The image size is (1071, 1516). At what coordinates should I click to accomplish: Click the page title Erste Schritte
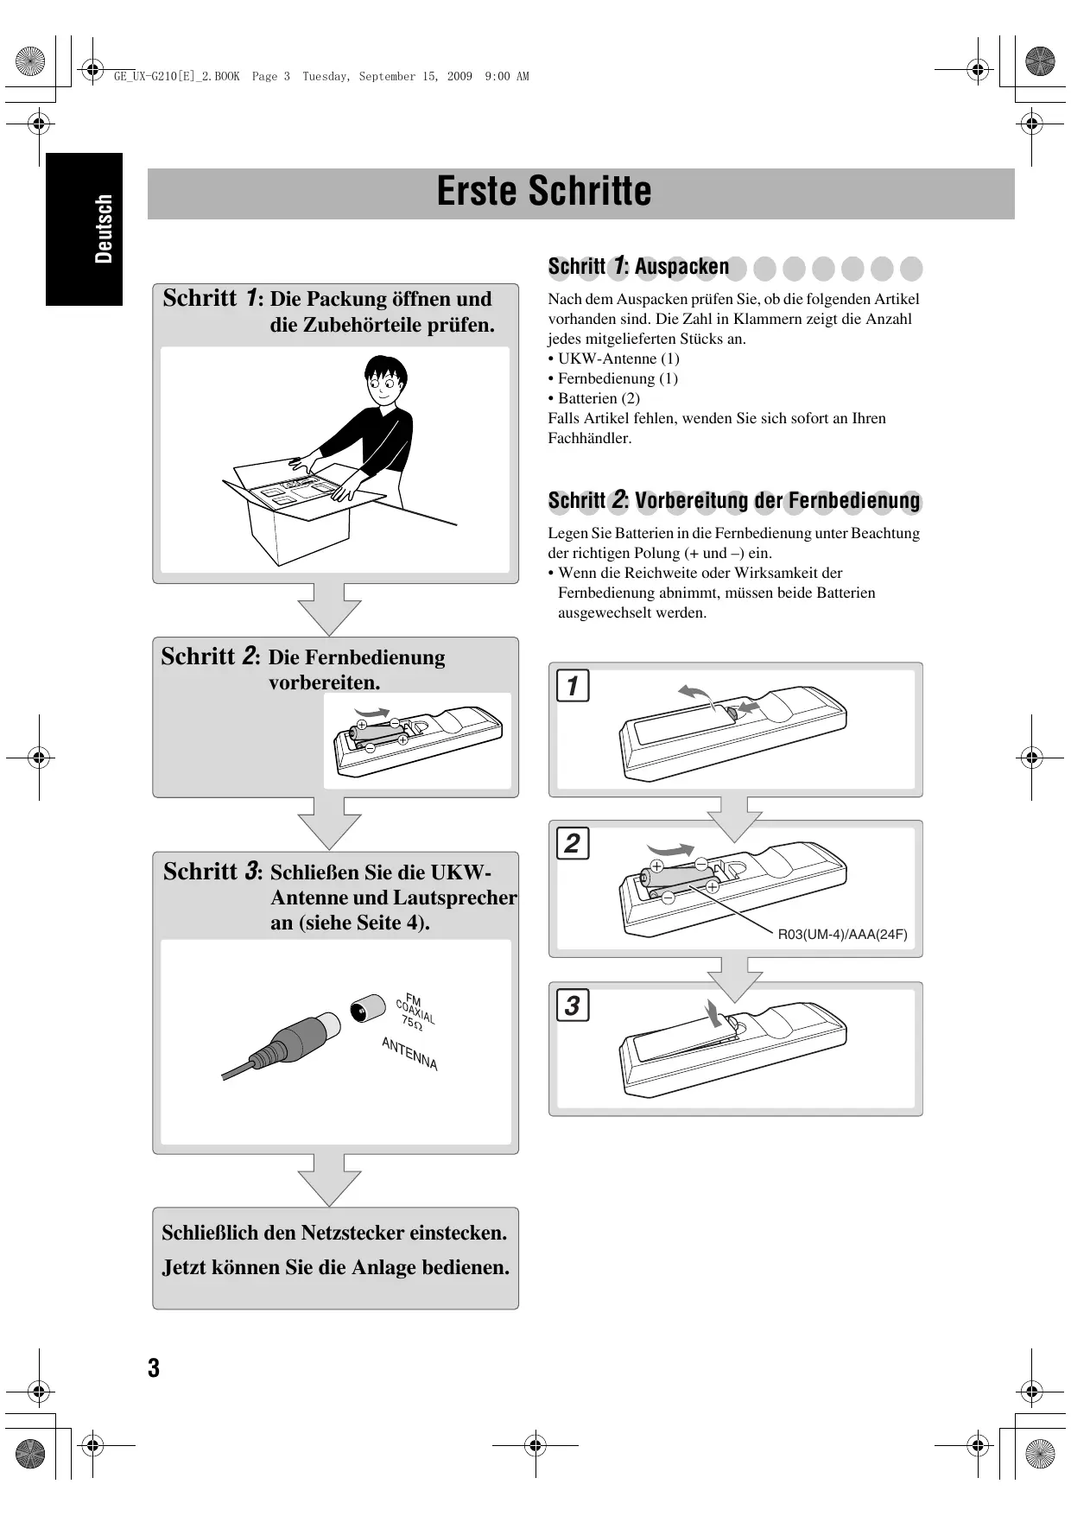[x=544, y=191]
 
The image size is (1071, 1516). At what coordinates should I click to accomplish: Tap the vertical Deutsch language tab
[x=104, y=229]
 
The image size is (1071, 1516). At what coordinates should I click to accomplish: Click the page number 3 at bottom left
[x=154, y=1368]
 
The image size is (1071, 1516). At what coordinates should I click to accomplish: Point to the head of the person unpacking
[x=385, y=380]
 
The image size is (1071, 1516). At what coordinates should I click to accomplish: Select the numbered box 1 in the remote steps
[x=573, y=686]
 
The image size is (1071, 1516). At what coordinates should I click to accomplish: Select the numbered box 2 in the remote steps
[x=573, y=843]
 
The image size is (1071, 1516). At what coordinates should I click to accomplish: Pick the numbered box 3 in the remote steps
[x=573, y=1005]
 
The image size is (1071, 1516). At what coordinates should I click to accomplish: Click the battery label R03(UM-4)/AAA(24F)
[x=843, y=934]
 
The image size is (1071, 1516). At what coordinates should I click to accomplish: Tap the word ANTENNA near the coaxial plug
[x=409, y=1054]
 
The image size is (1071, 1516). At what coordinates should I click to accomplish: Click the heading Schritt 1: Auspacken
[x=638, y=266]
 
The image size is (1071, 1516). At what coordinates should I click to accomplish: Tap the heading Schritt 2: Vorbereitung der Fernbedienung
[x=734, y=500]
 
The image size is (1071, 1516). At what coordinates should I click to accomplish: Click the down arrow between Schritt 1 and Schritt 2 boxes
[x=329, y=610]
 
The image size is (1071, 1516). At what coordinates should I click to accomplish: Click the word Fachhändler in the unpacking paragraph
[x=590, y=438]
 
